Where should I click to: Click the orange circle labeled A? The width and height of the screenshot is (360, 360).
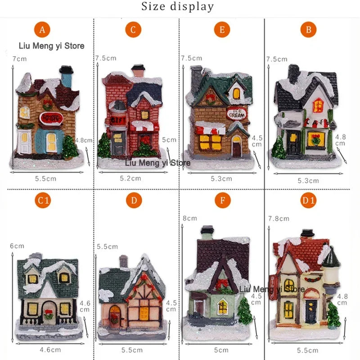tap(42, 30)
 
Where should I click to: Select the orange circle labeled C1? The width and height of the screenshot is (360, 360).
tap(43, 201)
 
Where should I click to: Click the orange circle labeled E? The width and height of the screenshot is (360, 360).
tap(222, 30)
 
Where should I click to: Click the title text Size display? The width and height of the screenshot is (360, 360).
tap(178, 7)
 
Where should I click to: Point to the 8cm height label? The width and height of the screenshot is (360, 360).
tap(189, 218)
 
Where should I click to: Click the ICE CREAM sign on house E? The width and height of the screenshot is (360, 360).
tap(236, 113)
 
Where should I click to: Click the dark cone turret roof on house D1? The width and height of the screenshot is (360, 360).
tap(331, 256)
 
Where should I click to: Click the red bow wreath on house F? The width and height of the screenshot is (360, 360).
tap(221, 284)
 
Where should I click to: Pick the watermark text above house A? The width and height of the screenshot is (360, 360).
tap(51, 45)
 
